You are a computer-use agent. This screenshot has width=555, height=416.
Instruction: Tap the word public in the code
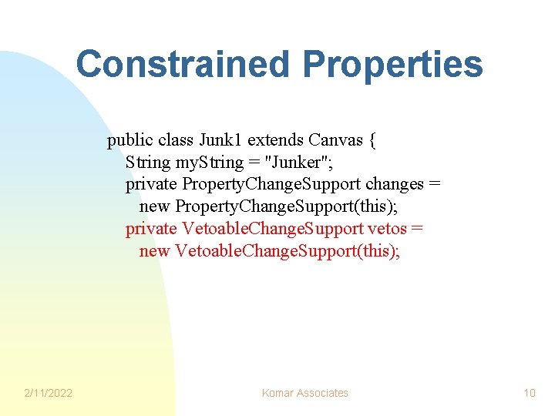(x=129, y=141)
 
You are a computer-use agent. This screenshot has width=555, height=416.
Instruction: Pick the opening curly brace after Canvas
(x=373, y=141)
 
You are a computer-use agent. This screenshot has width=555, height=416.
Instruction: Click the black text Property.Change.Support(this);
(x=284, y=206)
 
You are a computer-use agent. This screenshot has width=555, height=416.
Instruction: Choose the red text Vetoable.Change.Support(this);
(x=288, y=251)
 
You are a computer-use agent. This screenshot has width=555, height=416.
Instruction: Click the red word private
(x=151, y=229)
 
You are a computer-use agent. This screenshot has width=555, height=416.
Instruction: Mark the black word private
(x=151, y=184)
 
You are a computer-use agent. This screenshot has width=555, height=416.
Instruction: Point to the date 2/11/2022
(x=48, y=393)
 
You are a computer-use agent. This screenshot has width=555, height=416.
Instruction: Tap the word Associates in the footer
(x=323, y=393)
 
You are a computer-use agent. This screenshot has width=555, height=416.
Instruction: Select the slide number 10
(x=529, y=393)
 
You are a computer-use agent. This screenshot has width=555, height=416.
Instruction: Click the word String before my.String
(x=150, y=163)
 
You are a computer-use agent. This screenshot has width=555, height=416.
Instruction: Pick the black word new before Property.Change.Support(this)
(x=154, y=206)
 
